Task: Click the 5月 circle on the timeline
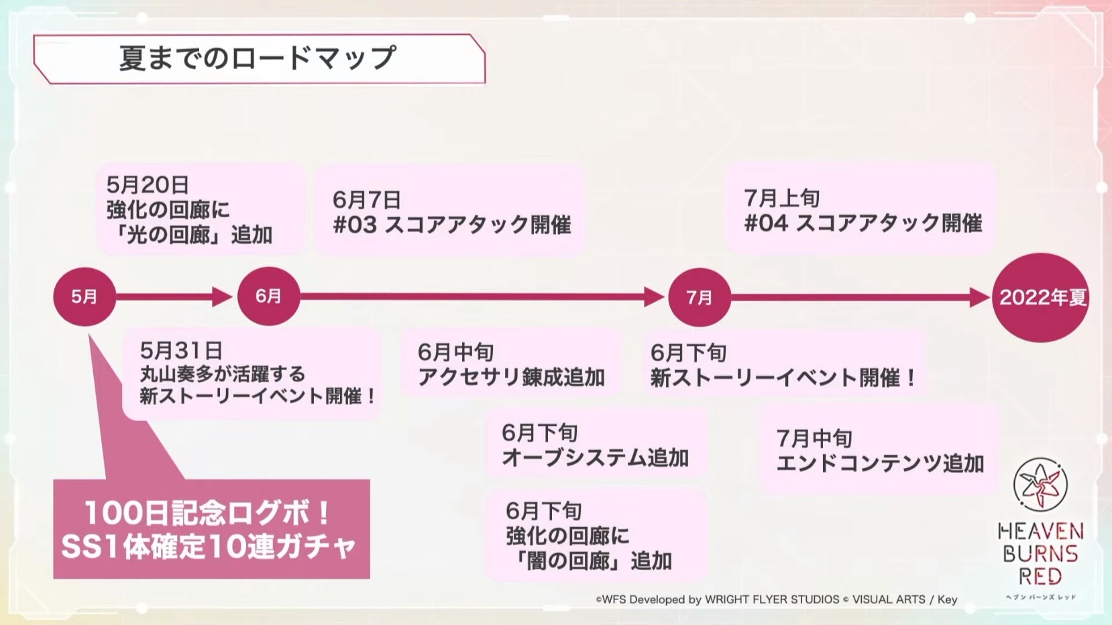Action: click(85, 297)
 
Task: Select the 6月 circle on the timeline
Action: click(268, 296)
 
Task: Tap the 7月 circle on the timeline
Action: click(700, 297)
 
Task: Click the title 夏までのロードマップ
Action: click(258, 58)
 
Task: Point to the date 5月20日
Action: click(148, 185)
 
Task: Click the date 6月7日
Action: click(366, 200)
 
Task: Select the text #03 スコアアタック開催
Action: click(452, 225)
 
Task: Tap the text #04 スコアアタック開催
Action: click(863, 223)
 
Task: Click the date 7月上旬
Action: click(782, 198)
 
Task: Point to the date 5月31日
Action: click(180, 351)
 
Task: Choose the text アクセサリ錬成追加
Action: click(511, 378)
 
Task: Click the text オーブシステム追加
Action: click(595, 458)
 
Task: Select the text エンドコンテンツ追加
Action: click(880, 463)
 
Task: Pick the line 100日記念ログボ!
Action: click(207, 513)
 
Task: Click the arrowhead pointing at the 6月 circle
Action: click(222, 297)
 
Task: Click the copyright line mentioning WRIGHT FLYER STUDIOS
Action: click(777, 600)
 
